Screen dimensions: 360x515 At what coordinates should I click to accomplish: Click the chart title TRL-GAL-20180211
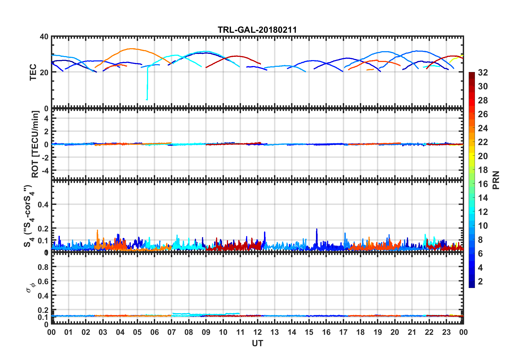pos(257,30)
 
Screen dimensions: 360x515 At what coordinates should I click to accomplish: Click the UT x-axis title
pos(257,343)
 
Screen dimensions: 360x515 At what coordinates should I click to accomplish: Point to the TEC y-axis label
pos(33,72)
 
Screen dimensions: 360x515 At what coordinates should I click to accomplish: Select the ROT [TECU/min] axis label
pos(35,144)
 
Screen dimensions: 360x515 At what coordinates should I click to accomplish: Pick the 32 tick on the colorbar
pos(483,73)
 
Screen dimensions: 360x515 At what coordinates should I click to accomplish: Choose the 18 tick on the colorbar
pos(483,170)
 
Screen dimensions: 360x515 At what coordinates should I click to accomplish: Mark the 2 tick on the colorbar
pos(480,282)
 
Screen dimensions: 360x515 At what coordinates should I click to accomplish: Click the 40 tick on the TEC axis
pos(44,37)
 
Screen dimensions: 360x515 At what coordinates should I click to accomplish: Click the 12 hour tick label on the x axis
pos(257,332)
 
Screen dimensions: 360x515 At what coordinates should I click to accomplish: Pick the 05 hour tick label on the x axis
pos(137,332)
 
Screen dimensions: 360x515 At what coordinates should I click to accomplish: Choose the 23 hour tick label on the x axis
pos(446,332)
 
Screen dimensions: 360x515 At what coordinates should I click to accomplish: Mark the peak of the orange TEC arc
pos(132,49)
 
